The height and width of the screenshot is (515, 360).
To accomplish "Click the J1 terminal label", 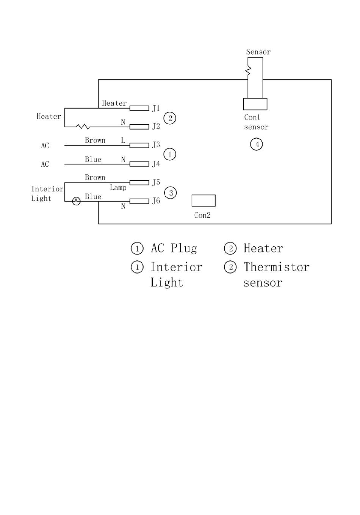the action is click(156, 108).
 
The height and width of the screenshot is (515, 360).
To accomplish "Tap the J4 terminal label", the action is click(156, 164).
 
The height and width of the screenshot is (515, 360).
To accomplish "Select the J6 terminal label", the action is click(156, 201).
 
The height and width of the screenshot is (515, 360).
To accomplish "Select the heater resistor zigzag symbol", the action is click(83, 127).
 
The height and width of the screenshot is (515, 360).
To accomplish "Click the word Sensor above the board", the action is click(258, 52).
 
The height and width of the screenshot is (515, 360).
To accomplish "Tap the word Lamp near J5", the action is click(118, 188).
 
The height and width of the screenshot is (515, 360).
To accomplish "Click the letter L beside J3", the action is click(123, 140).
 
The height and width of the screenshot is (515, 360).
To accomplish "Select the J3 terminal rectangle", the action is click(139, 145).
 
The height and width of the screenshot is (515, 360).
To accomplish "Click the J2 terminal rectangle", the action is click(139, 127).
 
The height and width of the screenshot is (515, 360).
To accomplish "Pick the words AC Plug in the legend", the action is click(174, 248).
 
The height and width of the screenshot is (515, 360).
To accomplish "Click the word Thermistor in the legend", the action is click(277, 267).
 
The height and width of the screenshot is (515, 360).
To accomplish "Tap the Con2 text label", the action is click(202, 215).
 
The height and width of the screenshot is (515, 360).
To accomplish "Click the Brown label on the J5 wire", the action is click(95, 177).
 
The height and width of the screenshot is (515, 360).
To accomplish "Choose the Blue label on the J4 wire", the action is click(93, 159).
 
